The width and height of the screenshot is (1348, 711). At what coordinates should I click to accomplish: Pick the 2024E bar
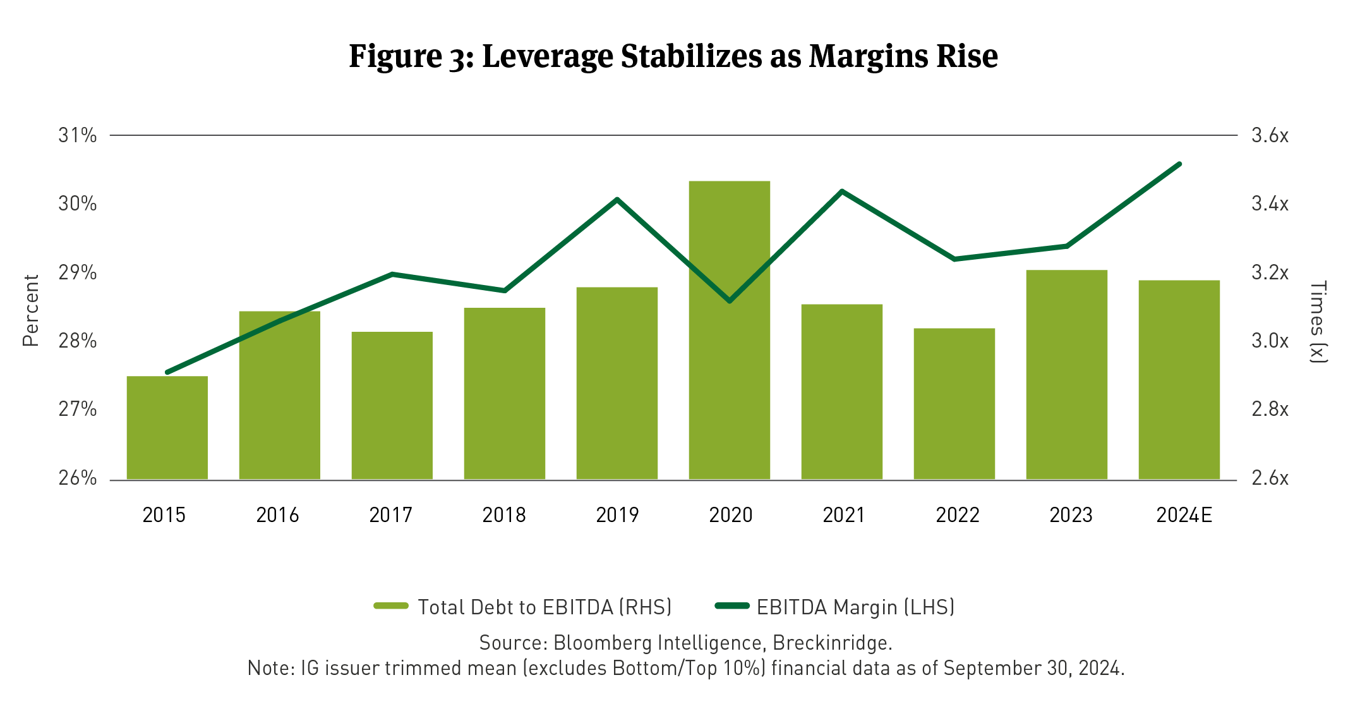click(1179, 379)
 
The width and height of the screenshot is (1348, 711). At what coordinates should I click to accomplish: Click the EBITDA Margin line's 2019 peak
click(617, 200)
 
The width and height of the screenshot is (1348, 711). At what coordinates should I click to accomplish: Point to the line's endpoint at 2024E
click(1179, 164)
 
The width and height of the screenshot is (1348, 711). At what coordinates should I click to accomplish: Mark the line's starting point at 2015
click(167, 372)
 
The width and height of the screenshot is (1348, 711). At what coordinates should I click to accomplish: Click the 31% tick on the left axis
click(78, 135)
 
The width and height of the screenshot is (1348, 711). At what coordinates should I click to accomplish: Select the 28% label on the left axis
click(78, 341)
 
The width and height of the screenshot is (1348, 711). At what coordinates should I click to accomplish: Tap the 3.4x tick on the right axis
click(1270, 204)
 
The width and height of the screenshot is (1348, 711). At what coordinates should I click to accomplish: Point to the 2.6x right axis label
click(1270, 478)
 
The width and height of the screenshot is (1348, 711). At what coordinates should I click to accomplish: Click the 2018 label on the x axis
click(504, 515)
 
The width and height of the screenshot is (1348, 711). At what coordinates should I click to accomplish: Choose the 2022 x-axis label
click(957, 515)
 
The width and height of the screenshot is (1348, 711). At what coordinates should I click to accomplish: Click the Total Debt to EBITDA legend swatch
click(391, 606)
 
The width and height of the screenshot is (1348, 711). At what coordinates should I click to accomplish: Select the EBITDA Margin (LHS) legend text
click(855, 607)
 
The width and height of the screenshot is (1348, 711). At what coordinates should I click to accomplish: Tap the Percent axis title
click(31, 310)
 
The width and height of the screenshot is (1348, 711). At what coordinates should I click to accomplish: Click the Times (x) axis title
click(1318, 322)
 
